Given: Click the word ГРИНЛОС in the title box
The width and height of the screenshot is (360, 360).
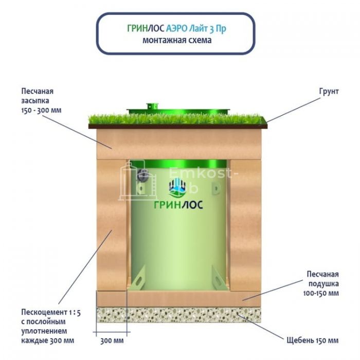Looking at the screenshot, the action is pos(146,28).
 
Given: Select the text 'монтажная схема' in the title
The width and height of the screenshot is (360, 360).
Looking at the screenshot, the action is pos(177,40).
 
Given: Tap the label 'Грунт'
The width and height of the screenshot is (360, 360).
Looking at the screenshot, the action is pos(329,92).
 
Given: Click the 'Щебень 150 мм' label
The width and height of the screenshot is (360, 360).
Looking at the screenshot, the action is pos(313,340).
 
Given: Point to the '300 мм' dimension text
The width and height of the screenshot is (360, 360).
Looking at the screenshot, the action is pos(112,340).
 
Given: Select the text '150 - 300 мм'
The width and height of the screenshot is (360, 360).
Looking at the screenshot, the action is pos(41,110).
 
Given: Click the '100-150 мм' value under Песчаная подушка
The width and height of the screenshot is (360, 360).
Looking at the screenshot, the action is pos(321,293).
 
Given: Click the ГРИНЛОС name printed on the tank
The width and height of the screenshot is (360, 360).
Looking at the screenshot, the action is pos(178,205).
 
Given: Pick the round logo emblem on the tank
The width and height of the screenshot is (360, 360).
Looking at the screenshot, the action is pos(177,187).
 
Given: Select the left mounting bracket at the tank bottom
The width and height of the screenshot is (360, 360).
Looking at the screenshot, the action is pos(138,277).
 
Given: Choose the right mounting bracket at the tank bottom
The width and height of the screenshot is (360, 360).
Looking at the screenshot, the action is pos(219,277).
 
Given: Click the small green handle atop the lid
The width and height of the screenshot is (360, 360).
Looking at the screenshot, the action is pos(153,106).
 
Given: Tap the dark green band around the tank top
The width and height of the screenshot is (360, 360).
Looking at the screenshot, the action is pos(178,164).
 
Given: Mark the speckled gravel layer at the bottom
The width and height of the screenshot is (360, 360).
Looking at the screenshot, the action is pos(178,315).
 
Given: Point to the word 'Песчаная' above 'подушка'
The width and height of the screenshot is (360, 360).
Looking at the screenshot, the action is pos(322,274).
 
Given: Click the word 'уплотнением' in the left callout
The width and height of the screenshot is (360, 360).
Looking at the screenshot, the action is pos(44,331).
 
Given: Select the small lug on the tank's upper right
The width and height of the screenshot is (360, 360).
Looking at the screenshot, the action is pos(216,188).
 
